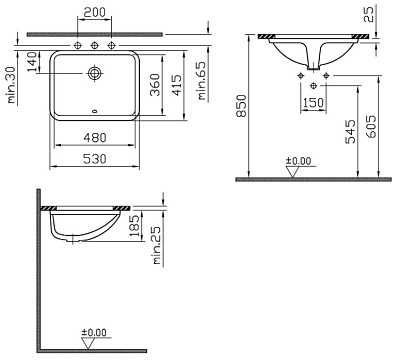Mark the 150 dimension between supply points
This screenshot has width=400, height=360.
coord(311,103)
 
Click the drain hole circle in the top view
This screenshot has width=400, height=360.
coord(95,72)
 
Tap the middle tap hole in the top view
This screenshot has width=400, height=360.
coord(96,46)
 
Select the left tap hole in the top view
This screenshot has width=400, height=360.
coord(77,46)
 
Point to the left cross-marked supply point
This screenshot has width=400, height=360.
coord(298,74)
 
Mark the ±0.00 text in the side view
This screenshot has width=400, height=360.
coord(93,331)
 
